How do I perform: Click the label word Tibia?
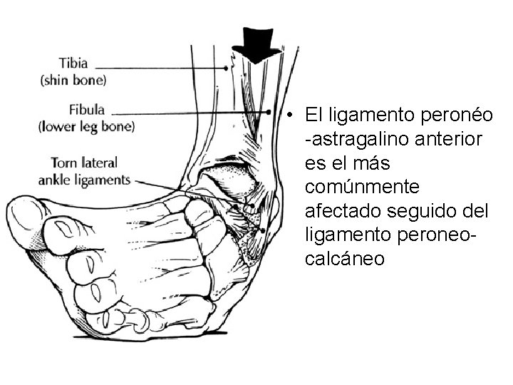(x=73, y=63)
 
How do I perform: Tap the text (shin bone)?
(x=73, y=80)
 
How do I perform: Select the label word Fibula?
(x=87, y=111)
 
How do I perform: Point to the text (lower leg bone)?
(x=86, y=127)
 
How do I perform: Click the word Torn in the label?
(x=64, y=163)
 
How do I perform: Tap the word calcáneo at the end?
(x=344, y=259)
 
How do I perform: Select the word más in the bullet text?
(x=369, y=163)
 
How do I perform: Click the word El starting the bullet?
(x=313, y=115)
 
